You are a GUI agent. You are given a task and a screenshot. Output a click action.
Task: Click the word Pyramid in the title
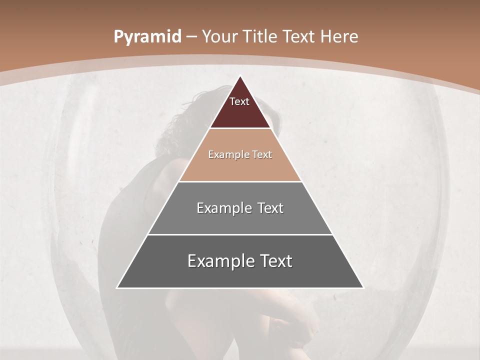point(147,37)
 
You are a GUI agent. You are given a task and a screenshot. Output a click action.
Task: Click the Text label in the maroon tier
point(239,101)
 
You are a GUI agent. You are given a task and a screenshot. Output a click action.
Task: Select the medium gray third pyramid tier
point(240,220)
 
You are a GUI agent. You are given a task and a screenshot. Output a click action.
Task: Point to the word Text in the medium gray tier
point(270,208)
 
